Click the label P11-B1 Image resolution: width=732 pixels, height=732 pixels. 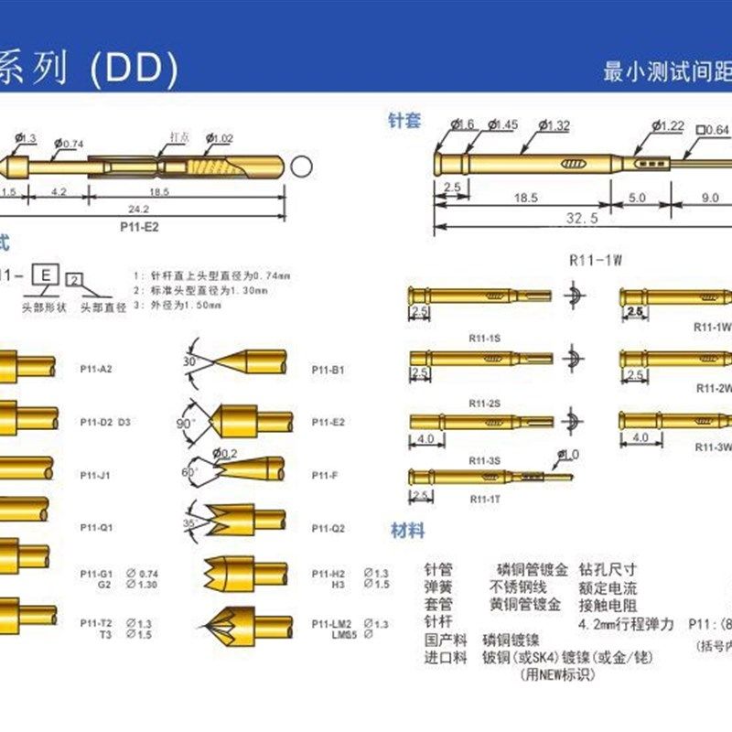[327, 370]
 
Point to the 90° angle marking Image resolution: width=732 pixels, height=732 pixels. [185, 424]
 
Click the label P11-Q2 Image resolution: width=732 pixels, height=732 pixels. [327, 528]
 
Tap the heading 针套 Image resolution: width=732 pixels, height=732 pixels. [404, 121]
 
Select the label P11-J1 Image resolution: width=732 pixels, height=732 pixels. [95, 475]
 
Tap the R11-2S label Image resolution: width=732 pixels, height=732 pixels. [483, 403]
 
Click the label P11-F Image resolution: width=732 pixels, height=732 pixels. [323, 475]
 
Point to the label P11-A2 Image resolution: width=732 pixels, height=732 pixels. [95, 370]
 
